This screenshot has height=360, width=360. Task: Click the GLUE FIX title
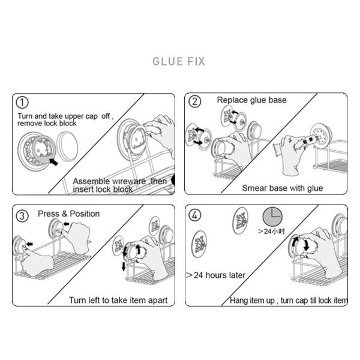point(179,61)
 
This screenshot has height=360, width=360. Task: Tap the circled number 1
point(22,103)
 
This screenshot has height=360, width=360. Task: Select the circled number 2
point(194,101)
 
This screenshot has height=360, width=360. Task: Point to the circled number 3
point(22,216)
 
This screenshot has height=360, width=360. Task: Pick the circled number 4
point(194,215)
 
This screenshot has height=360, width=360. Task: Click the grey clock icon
point(272,217)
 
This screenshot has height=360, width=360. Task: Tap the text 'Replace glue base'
point(251,100)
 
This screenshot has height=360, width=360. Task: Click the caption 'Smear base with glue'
point(283,188)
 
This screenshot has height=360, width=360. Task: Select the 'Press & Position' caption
point(68,214)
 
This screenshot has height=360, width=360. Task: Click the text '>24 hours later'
point(216,275)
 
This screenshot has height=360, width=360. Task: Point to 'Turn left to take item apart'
point(118,301)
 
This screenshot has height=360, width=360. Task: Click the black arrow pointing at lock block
point(54,161)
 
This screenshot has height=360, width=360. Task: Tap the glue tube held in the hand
point(308,140)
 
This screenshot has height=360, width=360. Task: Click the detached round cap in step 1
point(67,146)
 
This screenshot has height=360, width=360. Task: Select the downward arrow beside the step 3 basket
point(124,266)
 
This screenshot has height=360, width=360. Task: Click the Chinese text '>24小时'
point(271,231)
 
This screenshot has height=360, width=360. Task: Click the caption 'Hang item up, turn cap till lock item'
point(289,301)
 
